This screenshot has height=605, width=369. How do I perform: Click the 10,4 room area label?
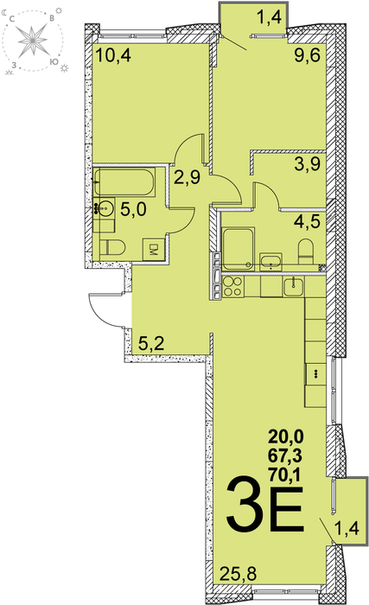tap(113, 55)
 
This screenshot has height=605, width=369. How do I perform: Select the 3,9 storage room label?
tap(308, 165)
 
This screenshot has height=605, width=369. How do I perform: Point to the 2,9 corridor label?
tap(187, 177)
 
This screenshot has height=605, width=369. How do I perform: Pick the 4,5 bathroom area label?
tap(308, 221)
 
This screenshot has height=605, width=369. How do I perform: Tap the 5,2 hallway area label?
tap(151, 342)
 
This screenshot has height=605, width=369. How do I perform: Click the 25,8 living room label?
tap(239, 574)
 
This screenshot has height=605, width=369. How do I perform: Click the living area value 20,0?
tap(286, 436)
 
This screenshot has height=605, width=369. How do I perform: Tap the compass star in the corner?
tap(33, 40)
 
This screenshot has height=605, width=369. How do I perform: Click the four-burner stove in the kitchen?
tap(232, 287)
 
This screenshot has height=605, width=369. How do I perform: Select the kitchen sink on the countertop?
tap(294, 287)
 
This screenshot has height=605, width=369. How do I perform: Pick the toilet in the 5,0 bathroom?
tap(112, 247)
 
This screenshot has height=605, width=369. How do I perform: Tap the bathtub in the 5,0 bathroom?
tap(124, 181)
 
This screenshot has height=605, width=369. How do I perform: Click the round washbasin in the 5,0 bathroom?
tap(105, 208)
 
